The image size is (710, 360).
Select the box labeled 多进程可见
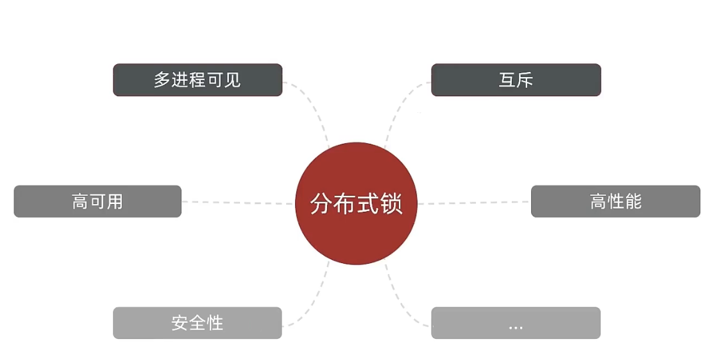pos(198,80)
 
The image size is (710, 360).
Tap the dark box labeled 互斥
pos(516,80)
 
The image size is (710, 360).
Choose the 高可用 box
pos(97,201)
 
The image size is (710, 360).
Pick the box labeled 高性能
pos(615,201)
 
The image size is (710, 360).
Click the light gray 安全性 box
pos(198,323)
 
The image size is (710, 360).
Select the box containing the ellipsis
pos(516,323)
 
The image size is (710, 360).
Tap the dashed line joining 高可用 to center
pos(237,203)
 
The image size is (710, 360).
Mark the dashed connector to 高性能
pos(475,203)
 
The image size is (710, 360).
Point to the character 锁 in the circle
pos(391,203)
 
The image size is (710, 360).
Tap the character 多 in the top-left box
pos(162,80)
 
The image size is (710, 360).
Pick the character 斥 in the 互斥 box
pos(525,80)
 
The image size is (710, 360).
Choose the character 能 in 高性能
pos(633,201)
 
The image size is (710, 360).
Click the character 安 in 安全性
pos(180,323)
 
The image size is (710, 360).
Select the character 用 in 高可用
pos(115,201)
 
